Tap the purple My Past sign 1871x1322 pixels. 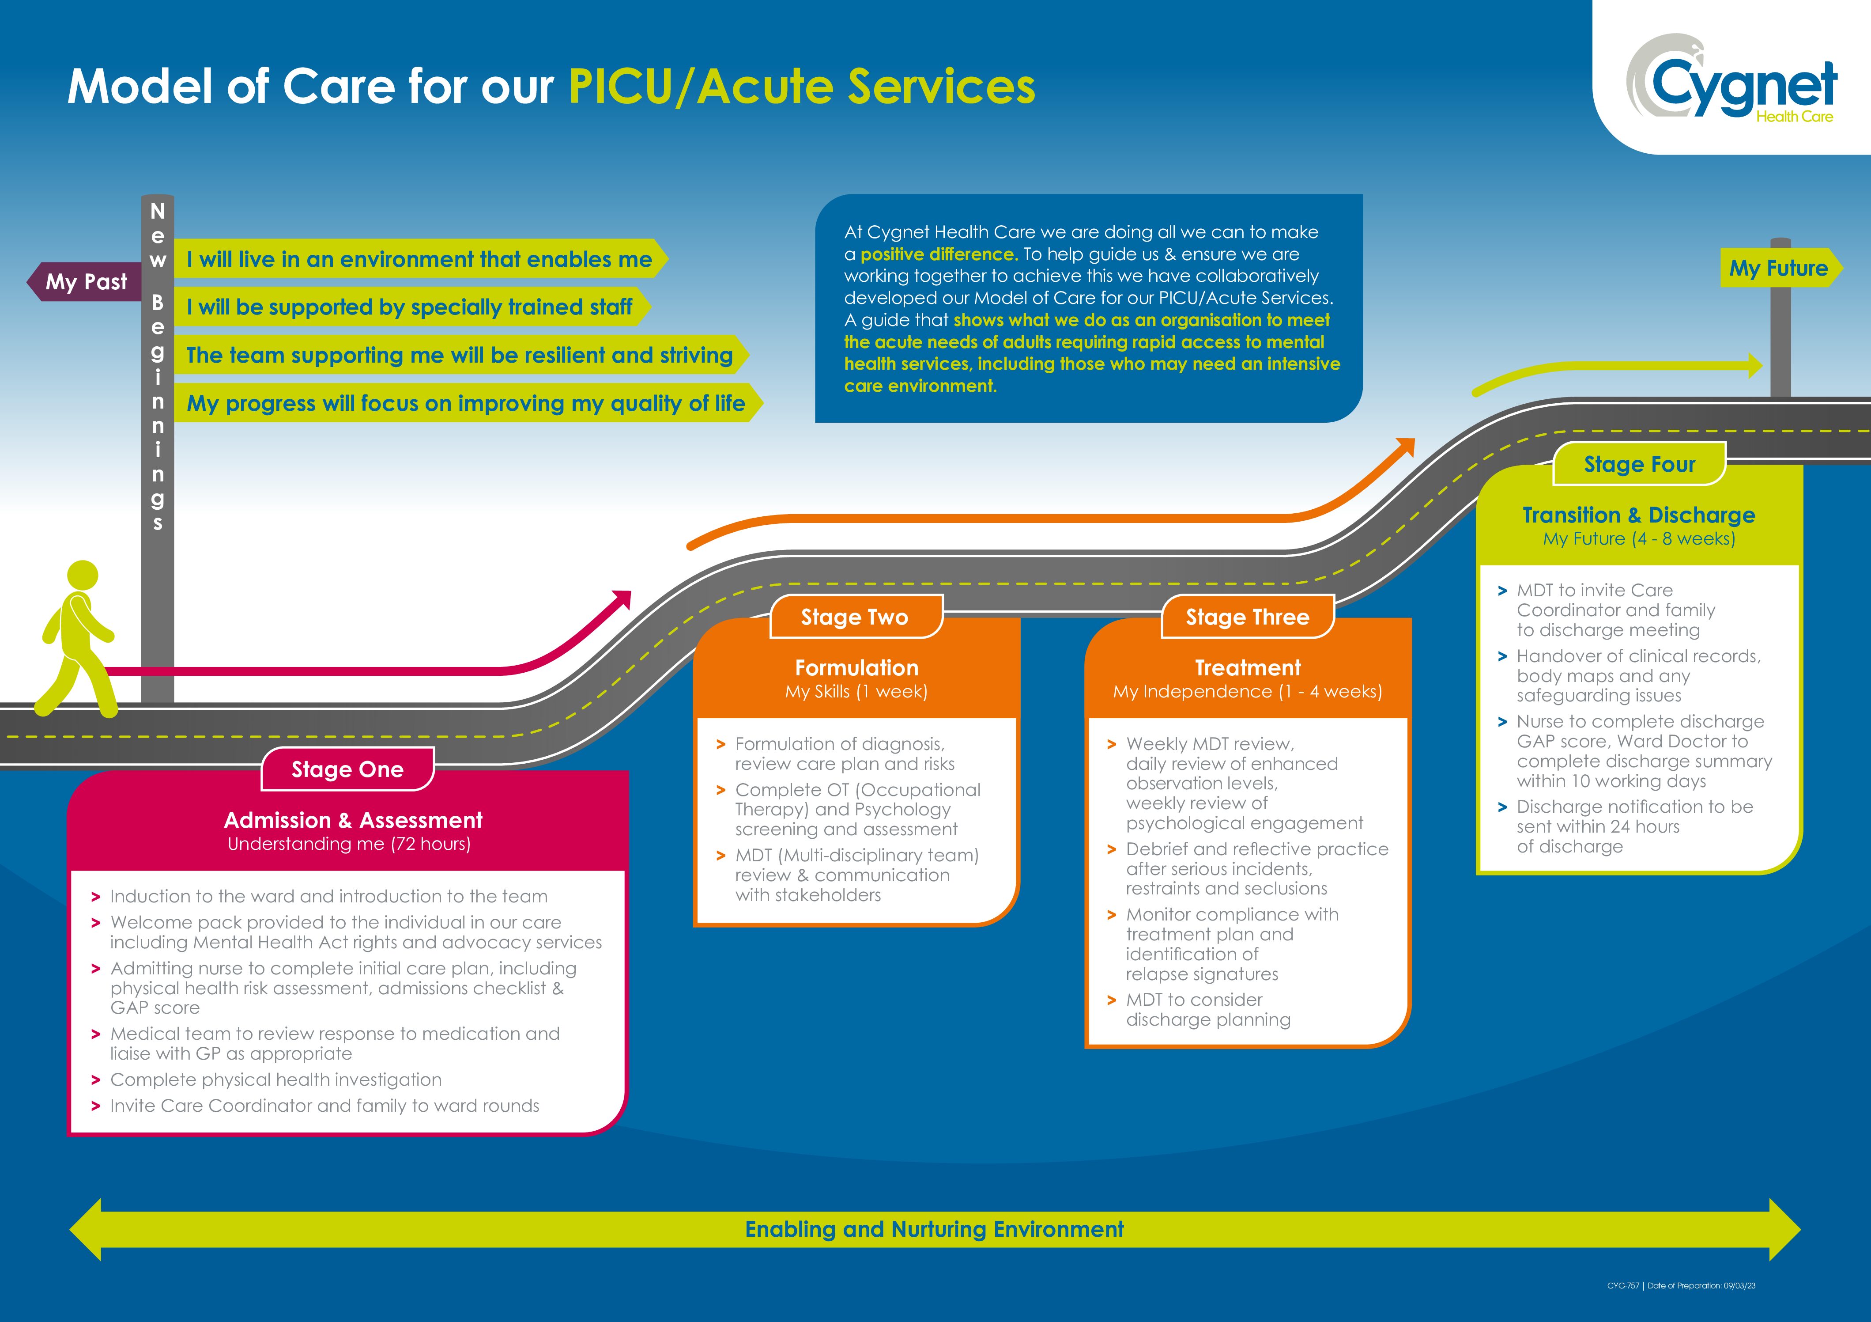coord(86,282)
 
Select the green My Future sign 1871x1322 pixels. coord(1778,268)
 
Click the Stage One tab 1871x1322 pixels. coord(347,769)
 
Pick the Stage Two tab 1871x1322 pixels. coord(855,617)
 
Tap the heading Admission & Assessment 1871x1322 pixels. coord(353,820)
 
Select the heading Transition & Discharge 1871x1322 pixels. coord(1639,515)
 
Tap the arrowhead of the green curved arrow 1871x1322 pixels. coord(1753,365)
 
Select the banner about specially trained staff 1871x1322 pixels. coord(409,307)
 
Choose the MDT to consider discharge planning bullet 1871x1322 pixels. coord(1208,1010)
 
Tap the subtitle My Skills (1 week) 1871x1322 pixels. coord(856,692)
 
